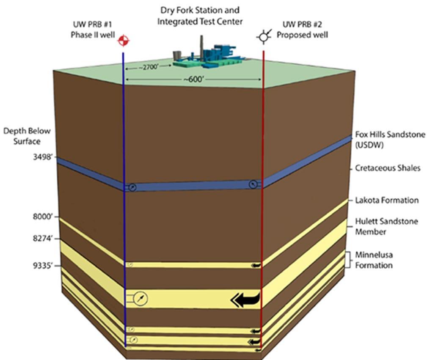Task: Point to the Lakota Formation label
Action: (387, 200)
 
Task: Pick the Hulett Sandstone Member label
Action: (386, 226)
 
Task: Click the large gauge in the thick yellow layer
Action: (140, 300)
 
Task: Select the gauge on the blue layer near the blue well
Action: (132, 187)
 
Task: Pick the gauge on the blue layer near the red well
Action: (253, 184)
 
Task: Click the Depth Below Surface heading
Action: (27, 136)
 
